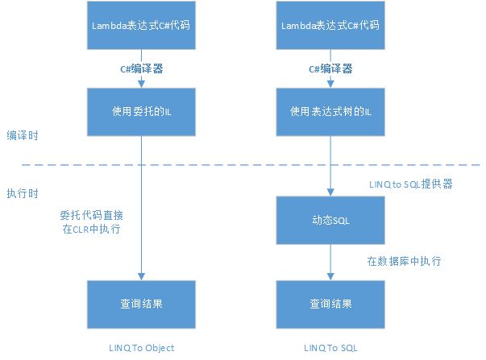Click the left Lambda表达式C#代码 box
tap(141, 25)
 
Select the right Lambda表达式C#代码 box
tap(330, 25)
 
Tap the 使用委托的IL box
tap(141, 110)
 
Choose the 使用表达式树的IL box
tap(330, 110)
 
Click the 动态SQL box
tap(330, 220)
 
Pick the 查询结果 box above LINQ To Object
tap(141, 304)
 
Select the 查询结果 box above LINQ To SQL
tap(330, 304)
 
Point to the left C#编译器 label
tap(142, 69)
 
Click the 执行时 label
tap(23, 194)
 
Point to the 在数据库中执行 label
tap(404, 261)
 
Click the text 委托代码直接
tap(91, 216)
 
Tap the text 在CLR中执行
tap(91, 230)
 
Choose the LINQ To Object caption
tap(141, 348)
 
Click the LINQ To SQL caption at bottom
tap(330, 348)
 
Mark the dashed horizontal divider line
tap(242, 165)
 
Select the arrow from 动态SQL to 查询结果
tap(330, 263)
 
